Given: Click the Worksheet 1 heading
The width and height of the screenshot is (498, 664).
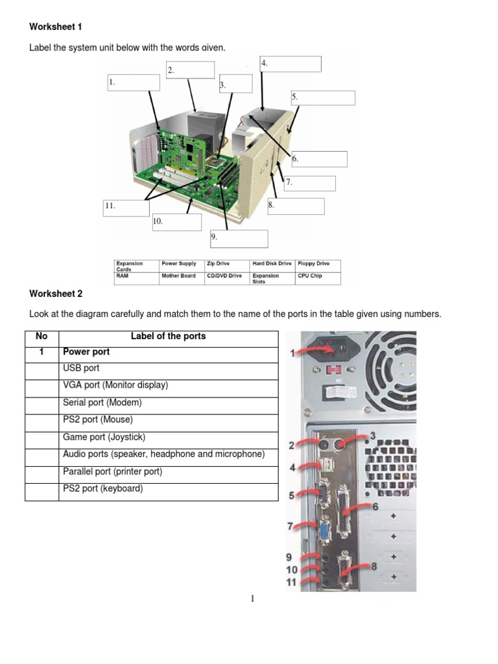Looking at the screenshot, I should (56, 27).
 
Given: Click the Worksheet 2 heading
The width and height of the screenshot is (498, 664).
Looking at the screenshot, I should (56, 294).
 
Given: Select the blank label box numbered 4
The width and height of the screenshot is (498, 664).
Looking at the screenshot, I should (290, 64).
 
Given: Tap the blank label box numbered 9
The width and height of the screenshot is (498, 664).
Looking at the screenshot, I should (239, 239).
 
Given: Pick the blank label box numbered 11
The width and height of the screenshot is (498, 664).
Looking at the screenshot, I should (126, 208).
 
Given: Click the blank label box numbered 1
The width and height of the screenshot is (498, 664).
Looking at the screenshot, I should (134, 82).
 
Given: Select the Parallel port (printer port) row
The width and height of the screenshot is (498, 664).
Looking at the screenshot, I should (112, 471).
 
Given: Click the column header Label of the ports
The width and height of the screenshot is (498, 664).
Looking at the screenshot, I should (168, 337).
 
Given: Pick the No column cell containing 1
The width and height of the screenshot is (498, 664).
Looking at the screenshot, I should (41, 352).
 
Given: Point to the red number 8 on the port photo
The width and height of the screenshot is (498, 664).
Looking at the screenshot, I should (373, 567).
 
